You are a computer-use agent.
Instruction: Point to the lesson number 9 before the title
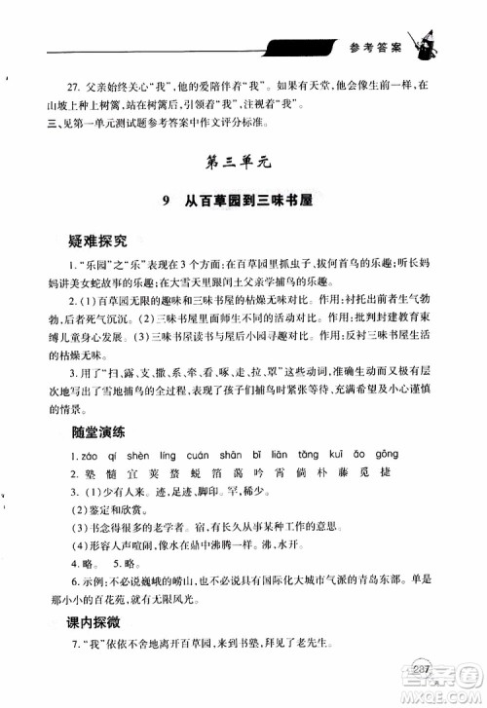pyautogui.click(x=169, y=204)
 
